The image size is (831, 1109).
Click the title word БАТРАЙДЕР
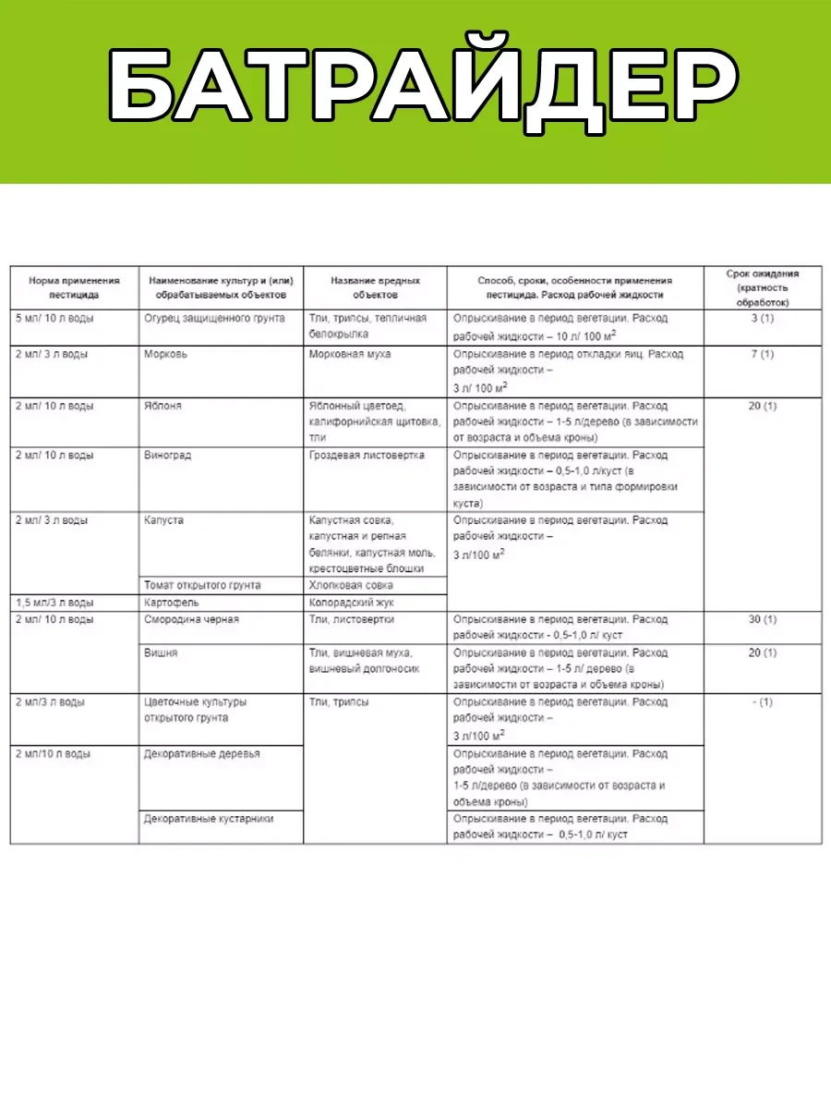(415, 88)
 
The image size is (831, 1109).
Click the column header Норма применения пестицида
(74, 287)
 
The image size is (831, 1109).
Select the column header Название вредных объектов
(375, 287)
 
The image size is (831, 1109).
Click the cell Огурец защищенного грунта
(215, 319)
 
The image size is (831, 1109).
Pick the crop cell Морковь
(165, 354)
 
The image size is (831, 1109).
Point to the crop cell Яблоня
(163, 406)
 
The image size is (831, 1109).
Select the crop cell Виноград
(167, 456)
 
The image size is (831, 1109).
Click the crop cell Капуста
(164, 520)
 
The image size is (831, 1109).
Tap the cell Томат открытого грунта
(203, 585)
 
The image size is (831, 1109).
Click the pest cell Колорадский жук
(351, 603)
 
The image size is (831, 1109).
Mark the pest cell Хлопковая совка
(351, 585)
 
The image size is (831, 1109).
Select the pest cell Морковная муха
(350, 354)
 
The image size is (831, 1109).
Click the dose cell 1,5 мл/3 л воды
(54, 603)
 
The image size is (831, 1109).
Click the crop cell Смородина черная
(192, 619)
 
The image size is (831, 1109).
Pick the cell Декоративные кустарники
(209, 819)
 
